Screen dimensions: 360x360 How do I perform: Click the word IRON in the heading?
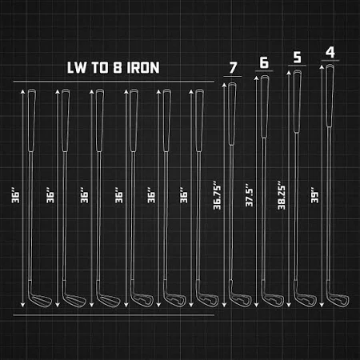(x=143, y=68)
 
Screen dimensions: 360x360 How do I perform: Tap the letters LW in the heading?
(x=77, y=68)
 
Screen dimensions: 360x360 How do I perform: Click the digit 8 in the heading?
(x=118, y=68)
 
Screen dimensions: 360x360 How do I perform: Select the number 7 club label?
(x=233, y=68)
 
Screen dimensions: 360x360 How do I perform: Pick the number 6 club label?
(x=264, y=62)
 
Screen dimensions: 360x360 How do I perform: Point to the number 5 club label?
(x=297, y=57)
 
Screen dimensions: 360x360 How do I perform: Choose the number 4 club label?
(x=330, y=52)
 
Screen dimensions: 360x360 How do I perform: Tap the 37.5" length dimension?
(x=249, y=195)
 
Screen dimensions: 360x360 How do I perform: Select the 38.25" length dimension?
(x=282, y=195)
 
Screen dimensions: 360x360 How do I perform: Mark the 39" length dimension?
(x=314, y=197)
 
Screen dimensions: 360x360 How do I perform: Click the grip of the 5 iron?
(x=297, y=101)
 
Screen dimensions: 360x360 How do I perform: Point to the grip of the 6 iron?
(x=265, y=106)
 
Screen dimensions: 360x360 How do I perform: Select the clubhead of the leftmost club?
(x=39, y=298)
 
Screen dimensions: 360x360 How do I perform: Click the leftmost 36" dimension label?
(x=15, y=197)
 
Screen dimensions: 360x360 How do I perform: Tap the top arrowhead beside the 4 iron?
(x=322, y=67)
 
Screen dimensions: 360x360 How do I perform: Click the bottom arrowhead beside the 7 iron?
(x=224, y=305)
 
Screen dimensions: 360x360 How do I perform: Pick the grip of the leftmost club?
(x=31, y=120)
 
